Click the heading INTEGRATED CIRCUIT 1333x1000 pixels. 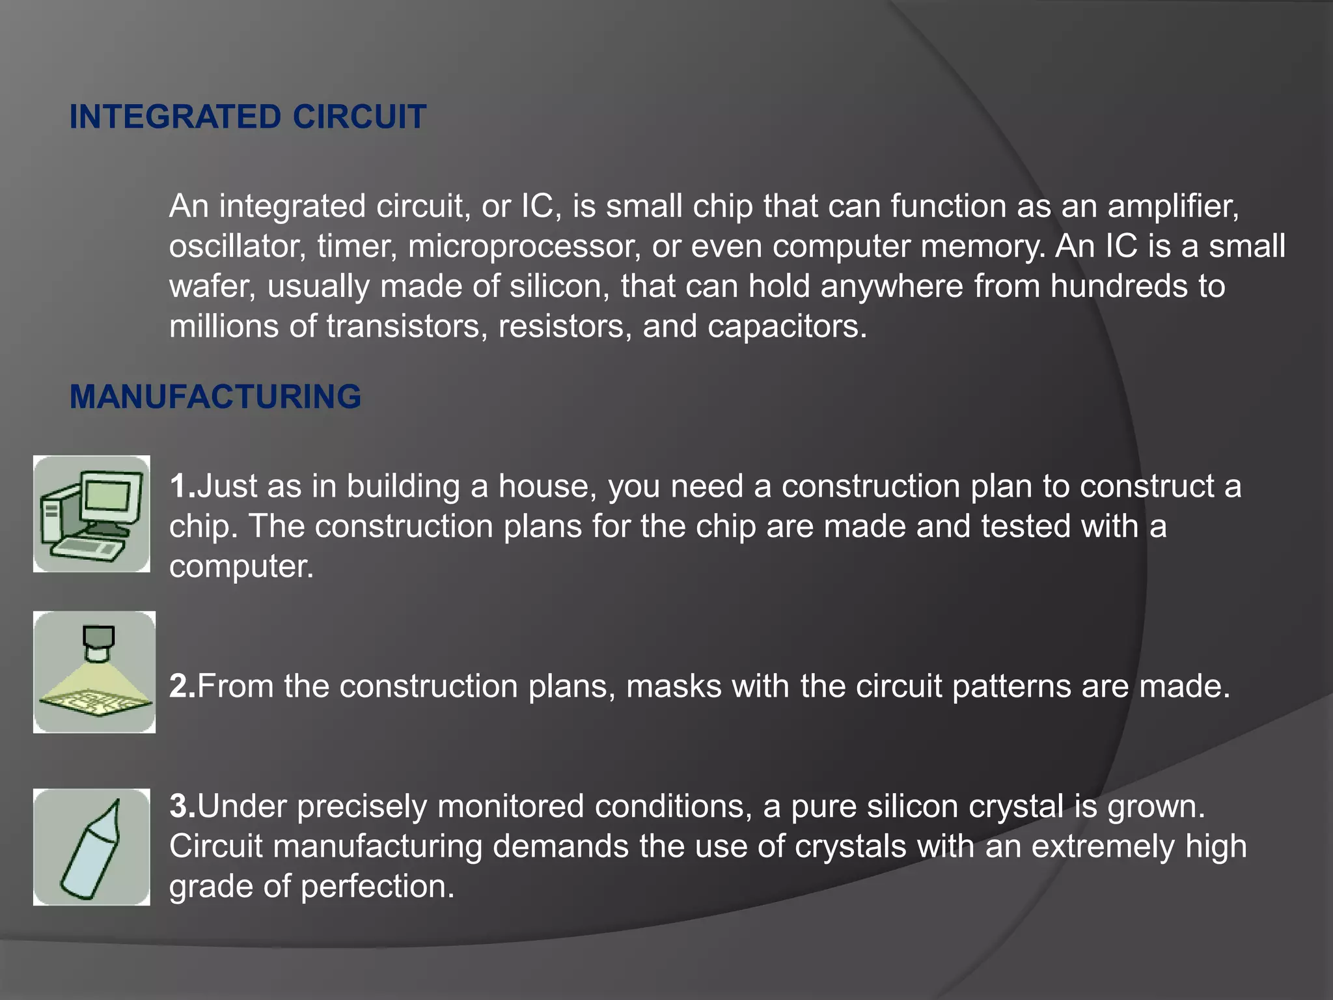click(x=247, y=117)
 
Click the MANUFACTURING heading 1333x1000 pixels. click(x=215, y=396)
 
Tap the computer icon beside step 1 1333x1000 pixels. click(x=92, y=514)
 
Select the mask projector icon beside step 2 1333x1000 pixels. click(x=94, y=672)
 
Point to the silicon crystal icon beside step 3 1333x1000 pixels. click(x=92, y=847)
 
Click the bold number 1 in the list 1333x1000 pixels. click(x=179, y=486)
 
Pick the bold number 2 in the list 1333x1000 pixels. click(x=179, y=686)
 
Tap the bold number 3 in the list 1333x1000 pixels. click(x=179, y=807)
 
